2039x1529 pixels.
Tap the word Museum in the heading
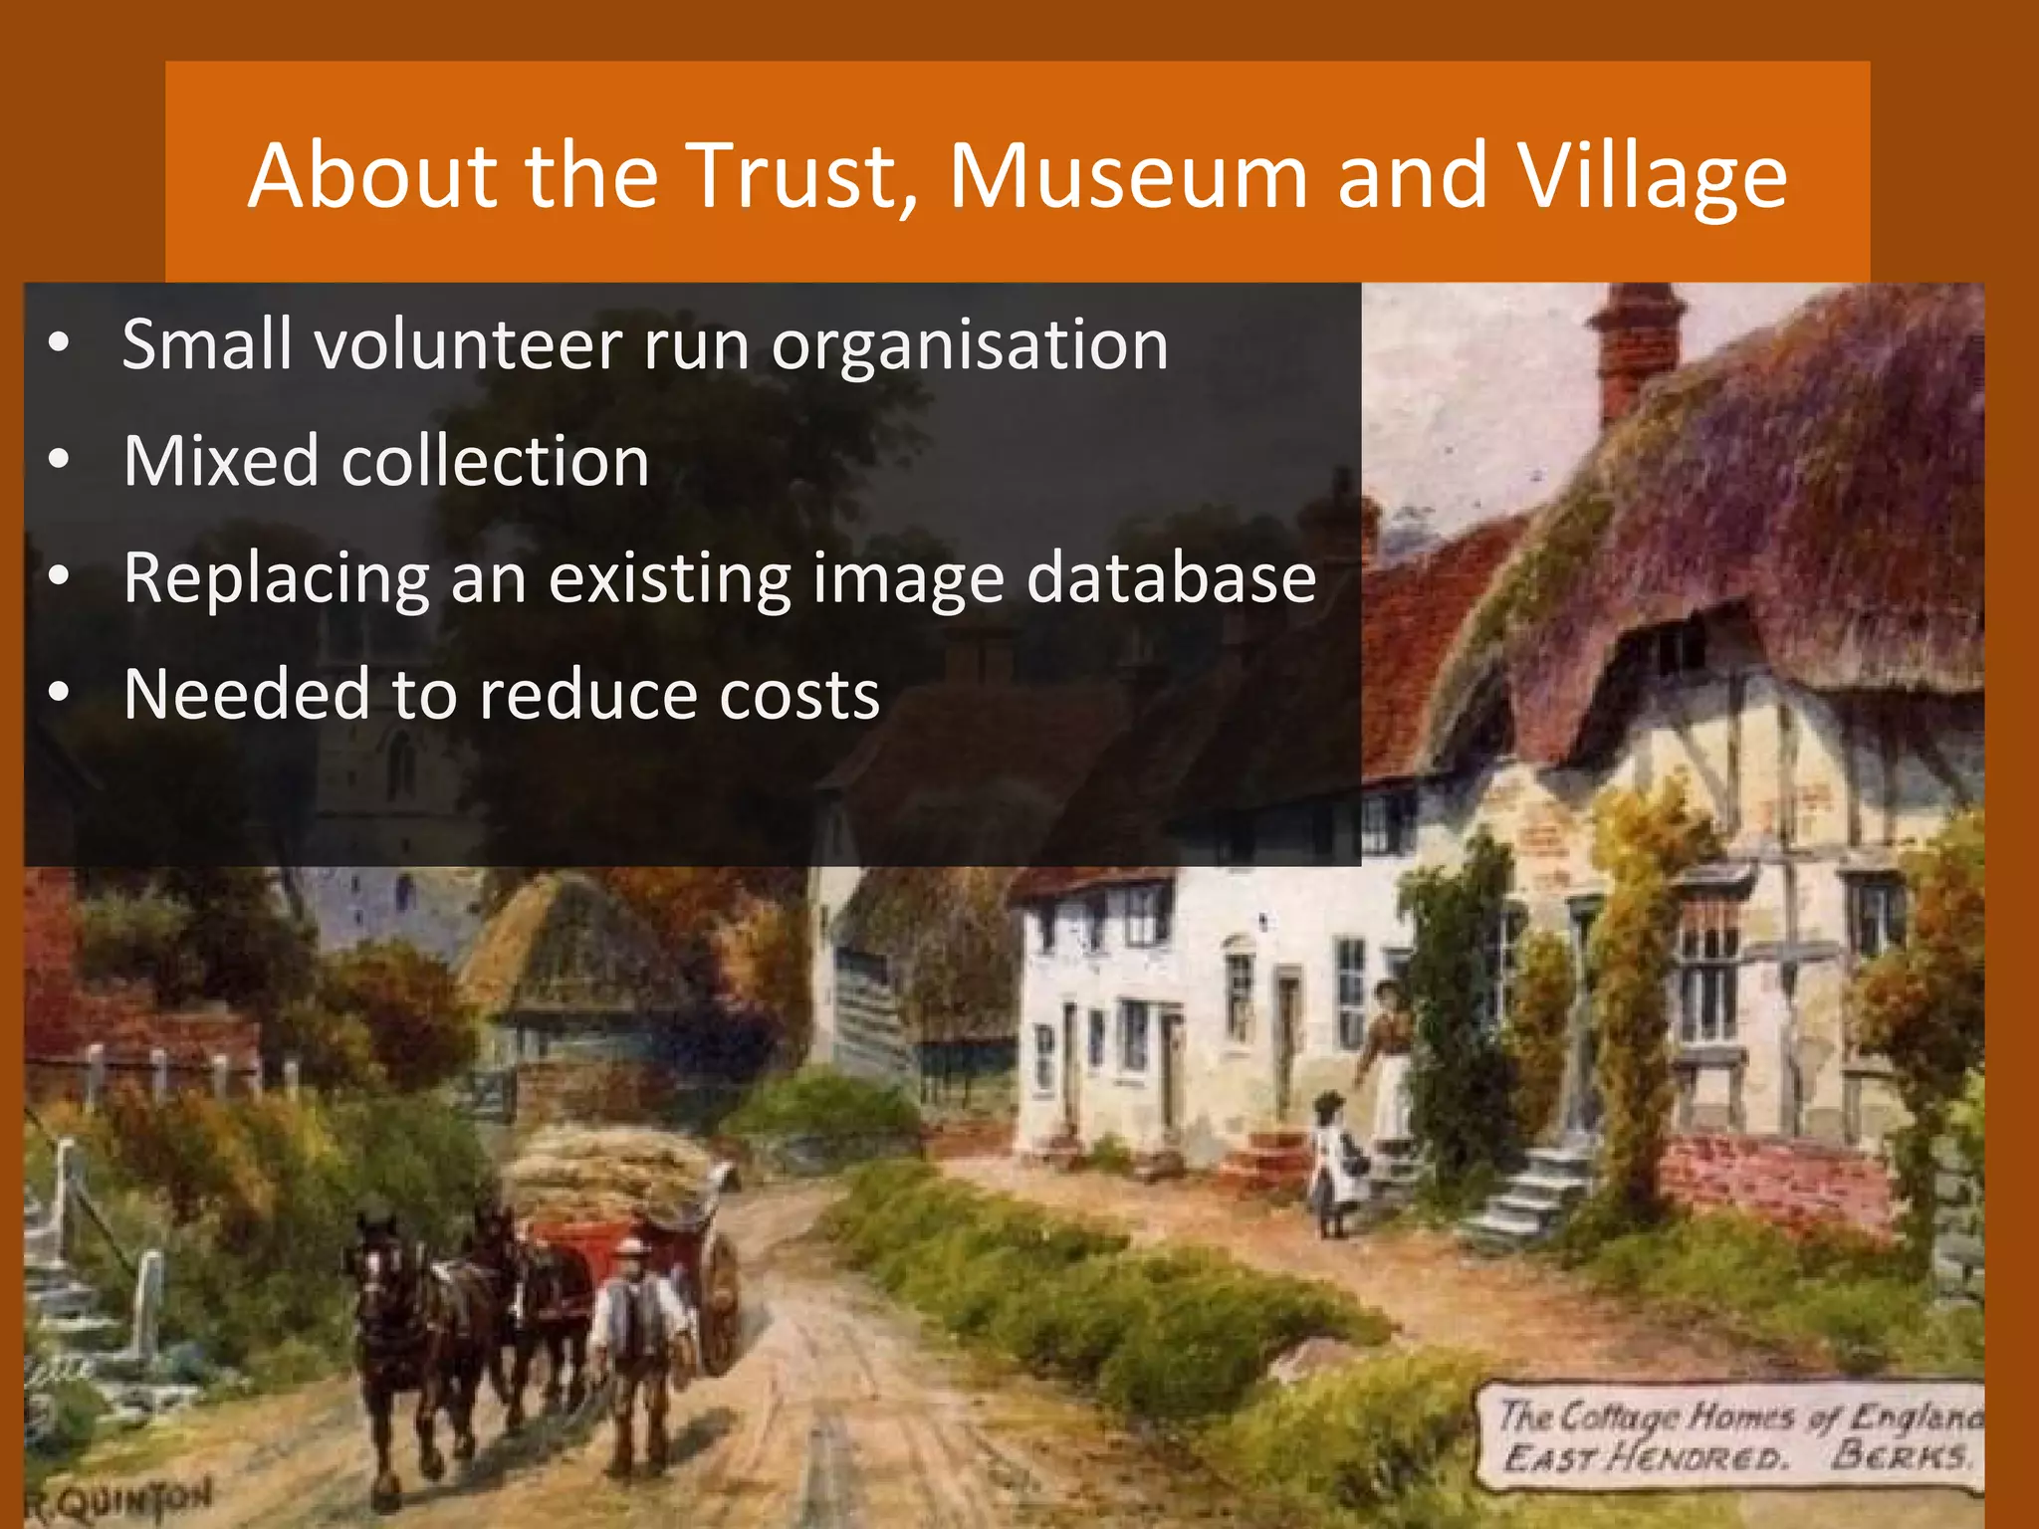1127,176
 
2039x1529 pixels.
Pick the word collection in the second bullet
495,461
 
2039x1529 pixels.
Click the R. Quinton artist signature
119,1497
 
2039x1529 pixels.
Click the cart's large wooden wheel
719,1294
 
